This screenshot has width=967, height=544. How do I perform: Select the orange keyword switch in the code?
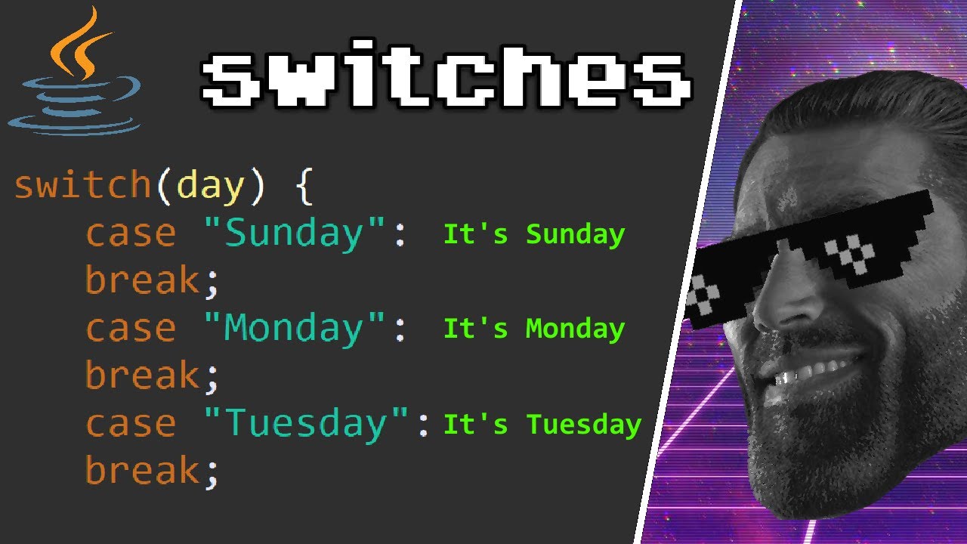tap(82, 185)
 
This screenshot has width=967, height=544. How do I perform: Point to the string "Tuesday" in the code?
tap(308, 424)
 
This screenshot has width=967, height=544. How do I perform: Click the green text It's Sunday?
tap(533, 234)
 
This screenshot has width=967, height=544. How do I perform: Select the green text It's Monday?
tap(533, 329)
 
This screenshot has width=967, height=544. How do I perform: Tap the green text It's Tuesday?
tap(542, 424)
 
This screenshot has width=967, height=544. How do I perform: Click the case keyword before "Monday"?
tap(130, 329)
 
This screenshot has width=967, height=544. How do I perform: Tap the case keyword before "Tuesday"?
tap(130, 424)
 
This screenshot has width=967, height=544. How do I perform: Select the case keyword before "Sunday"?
tap(130, 233)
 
